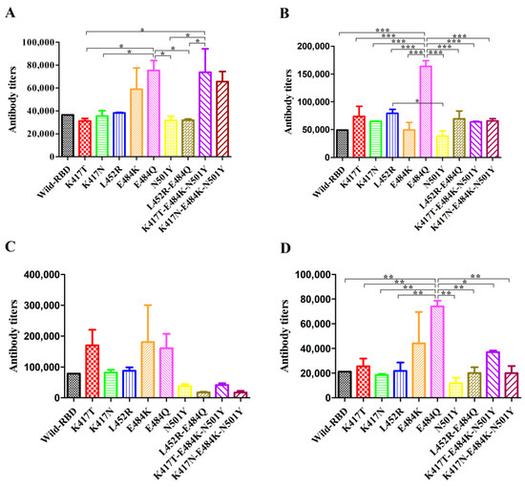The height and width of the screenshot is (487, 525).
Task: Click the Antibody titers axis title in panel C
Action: pos(10,335)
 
